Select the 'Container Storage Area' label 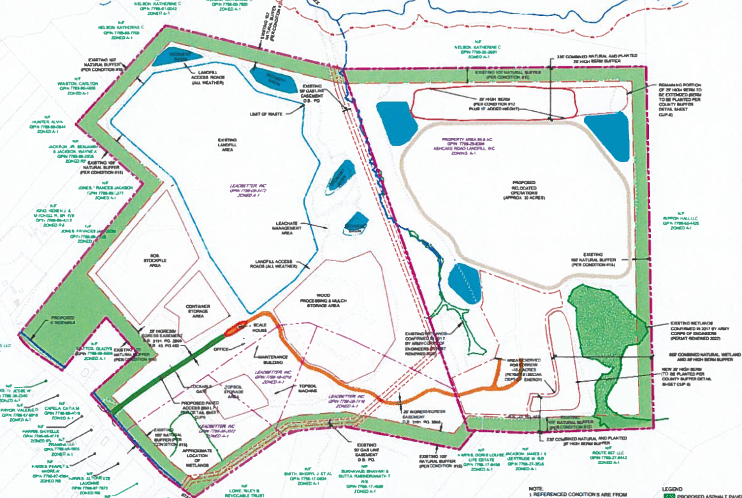(198, 310)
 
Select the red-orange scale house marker (234, 329)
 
